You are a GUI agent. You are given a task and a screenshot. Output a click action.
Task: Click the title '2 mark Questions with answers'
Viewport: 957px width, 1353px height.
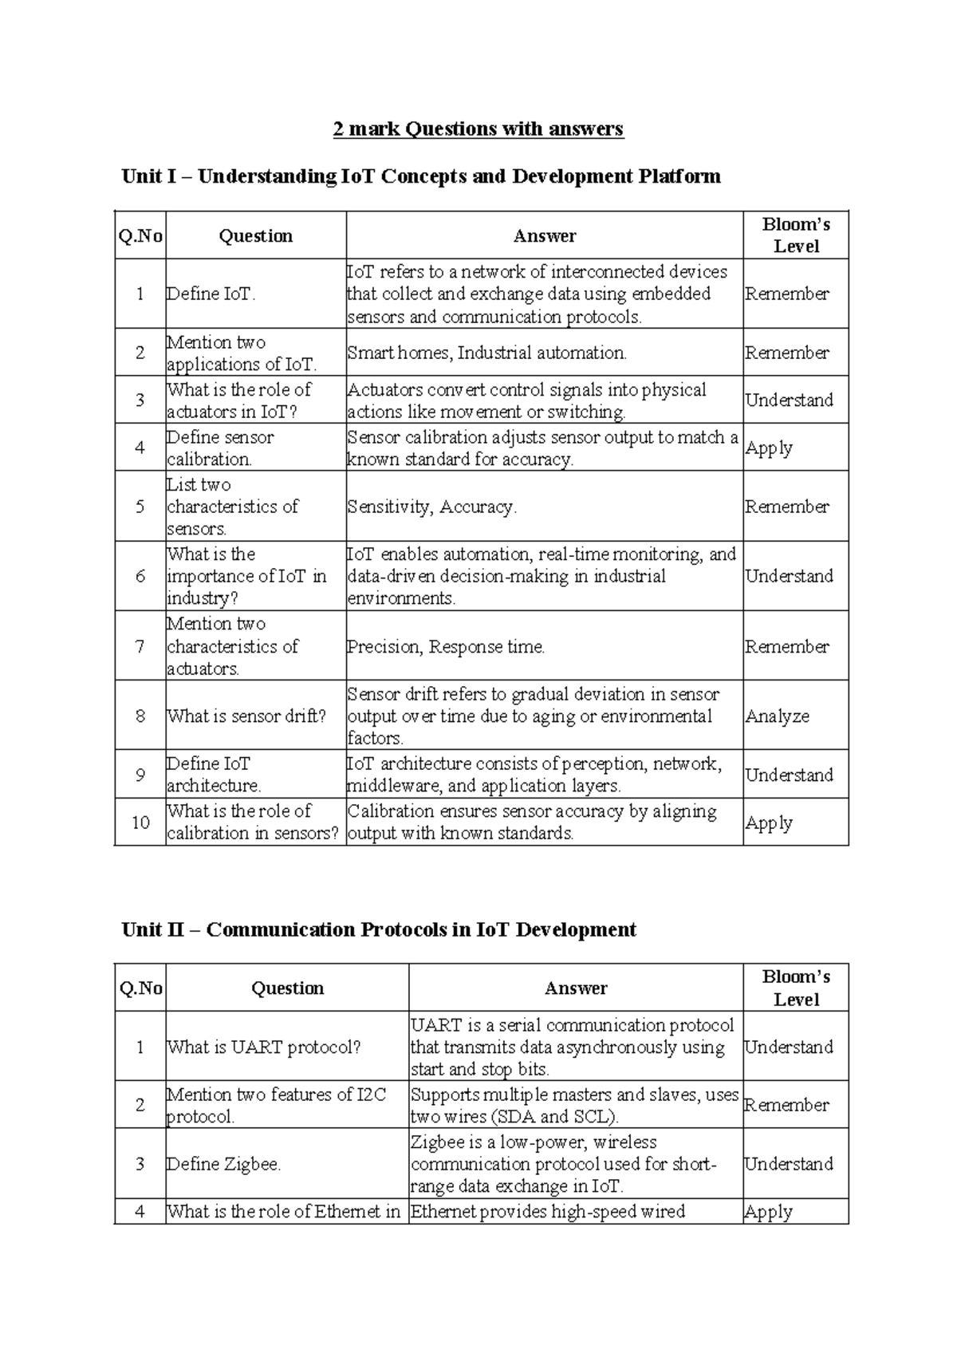pyautogui.click(x=478, y=128)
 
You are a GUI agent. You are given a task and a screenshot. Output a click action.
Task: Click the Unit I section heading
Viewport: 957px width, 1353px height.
pyautogui.click(x=420, y=176)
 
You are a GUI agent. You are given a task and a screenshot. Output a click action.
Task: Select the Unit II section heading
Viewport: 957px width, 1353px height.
pyautogui.click(x=379, y=929)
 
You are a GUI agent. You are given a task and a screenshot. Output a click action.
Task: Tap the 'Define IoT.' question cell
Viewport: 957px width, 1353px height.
pyautogui.click(x=211, y=294)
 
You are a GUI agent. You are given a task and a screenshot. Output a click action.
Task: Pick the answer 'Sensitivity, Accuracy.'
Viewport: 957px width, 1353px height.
pyautogui.click(x=431, y=507)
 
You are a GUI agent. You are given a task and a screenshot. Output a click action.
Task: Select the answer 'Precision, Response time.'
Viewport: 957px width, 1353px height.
pyautogui.click(x=446, y=646)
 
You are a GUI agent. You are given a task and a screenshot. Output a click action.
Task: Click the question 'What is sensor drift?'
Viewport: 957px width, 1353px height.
pyautogui.click(x=246, y=716)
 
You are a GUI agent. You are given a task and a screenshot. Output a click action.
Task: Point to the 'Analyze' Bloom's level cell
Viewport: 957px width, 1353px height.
pyautogui.click(x=777, y=716)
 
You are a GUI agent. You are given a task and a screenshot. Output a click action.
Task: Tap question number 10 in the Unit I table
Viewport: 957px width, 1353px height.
pyautogui.click(x=140, y=822)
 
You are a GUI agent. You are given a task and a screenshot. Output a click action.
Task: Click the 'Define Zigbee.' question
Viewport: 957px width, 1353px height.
pyautogui.click(x=224, y=1164)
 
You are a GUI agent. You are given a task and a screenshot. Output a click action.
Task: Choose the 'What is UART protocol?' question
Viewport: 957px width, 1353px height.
pyautogui.click(x=264, y=1047)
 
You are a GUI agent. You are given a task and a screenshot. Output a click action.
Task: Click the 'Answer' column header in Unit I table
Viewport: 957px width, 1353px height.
pyautogui.click(x=544, y=235)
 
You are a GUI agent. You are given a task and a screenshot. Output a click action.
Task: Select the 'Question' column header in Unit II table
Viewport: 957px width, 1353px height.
pyautogui.click(x=287, y=988)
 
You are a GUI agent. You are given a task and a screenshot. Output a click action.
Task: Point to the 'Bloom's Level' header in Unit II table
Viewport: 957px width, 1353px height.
pyautogui.click(x=795, y=988)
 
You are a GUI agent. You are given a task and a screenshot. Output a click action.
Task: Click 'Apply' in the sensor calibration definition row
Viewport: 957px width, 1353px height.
pyautogui.click(x=769, y=448)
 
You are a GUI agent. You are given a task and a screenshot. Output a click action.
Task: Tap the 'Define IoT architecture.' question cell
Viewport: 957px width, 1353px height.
pyautogui.click(x=214, y=774)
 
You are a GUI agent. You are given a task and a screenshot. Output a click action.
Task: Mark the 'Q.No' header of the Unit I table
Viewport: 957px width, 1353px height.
pyautogui.click(x=140, y=235)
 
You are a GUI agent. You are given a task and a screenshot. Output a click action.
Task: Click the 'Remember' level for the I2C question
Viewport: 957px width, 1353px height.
pyautogui.click(x=786, y=1105)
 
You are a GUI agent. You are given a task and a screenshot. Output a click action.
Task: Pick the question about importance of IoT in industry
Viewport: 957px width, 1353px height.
pyautogui.click(x=246, y=576)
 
